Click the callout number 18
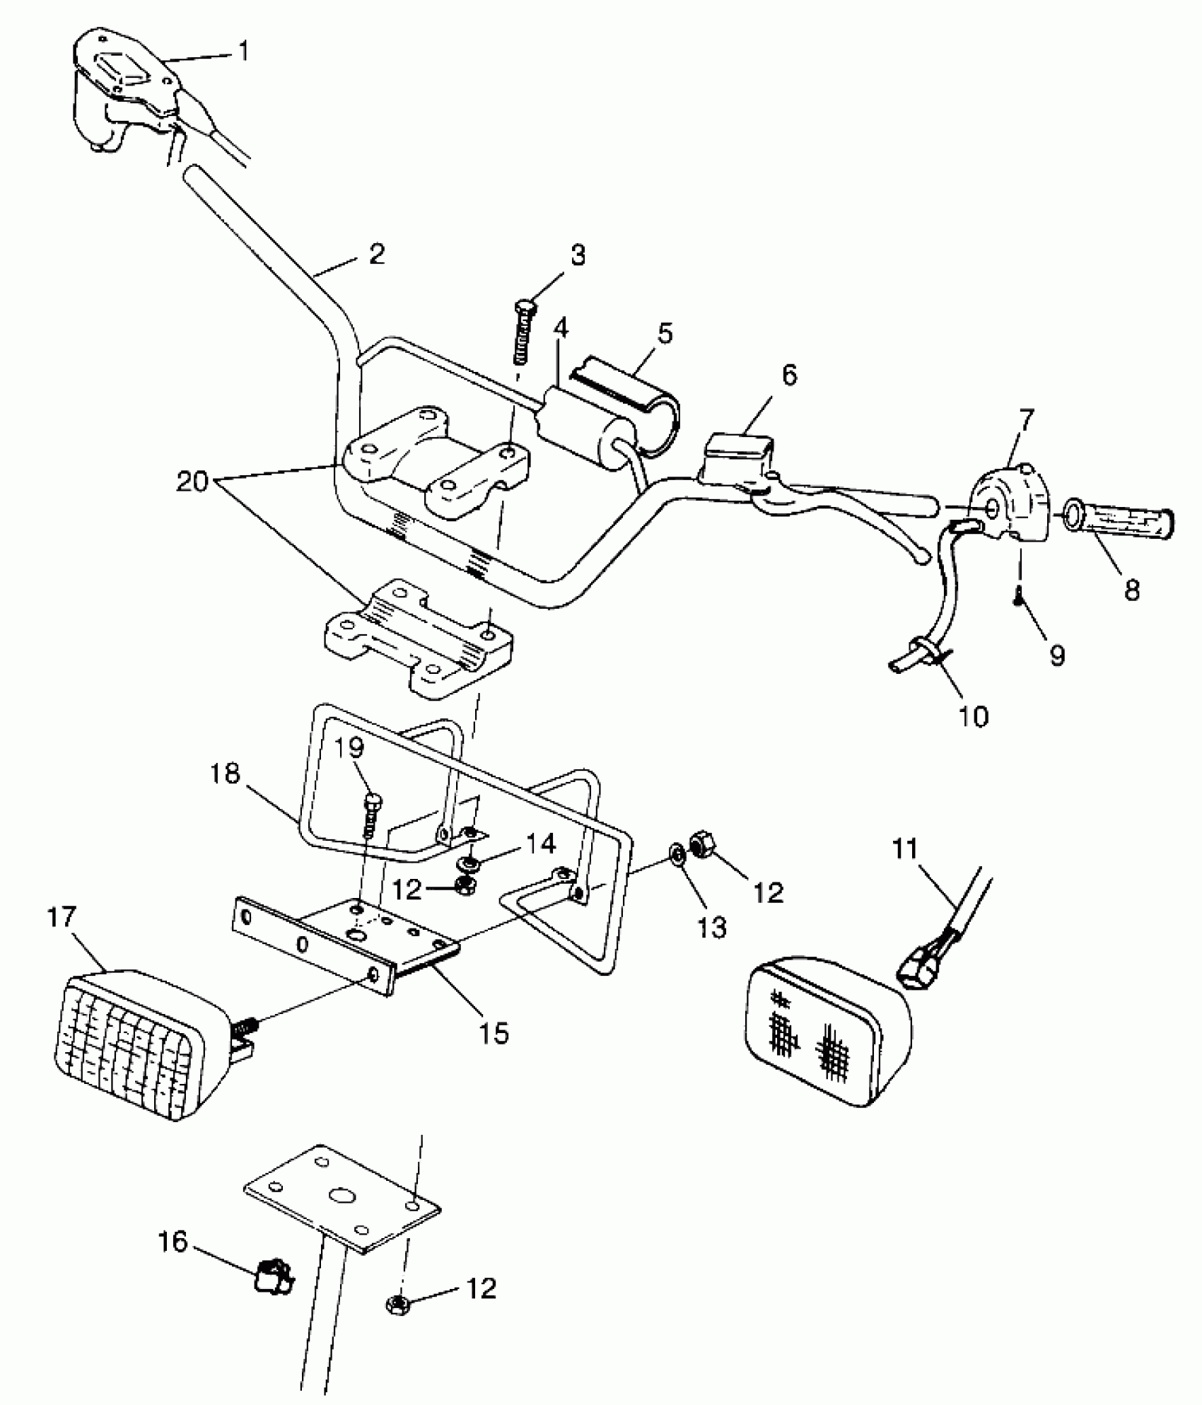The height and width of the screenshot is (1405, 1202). point(225,775)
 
